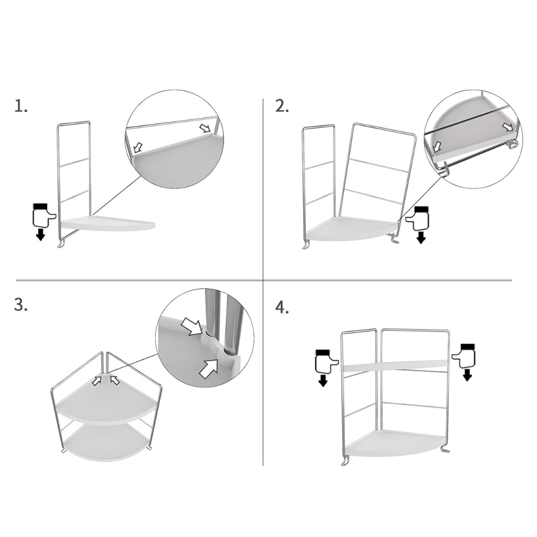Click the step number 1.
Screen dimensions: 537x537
[x=20, y=106]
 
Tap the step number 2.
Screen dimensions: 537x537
[x=282, y=106]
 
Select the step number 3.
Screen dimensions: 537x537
[x=20, y=304]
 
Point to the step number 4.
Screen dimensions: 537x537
[x=282, y=307]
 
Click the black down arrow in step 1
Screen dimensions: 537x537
[x=40, y=235]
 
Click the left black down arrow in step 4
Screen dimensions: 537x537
[x=322, y=380]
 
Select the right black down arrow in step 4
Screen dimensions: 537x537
[x=467, y=375]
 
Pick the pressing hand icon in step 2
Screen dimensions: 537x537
[x=417, y=218]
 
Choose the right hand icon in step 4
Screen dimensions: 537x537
[x=464, y=356]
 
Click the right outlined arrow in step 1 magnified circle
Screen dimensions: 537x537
[x=205, y=128]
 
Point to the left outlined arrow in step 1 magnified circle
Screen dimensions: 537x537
[x=137, y=147]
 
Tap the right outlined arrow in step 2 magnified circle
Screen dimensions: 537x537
[x=508, y=127]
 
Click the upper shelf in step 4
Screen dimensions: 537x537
[x=395, y=365]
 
